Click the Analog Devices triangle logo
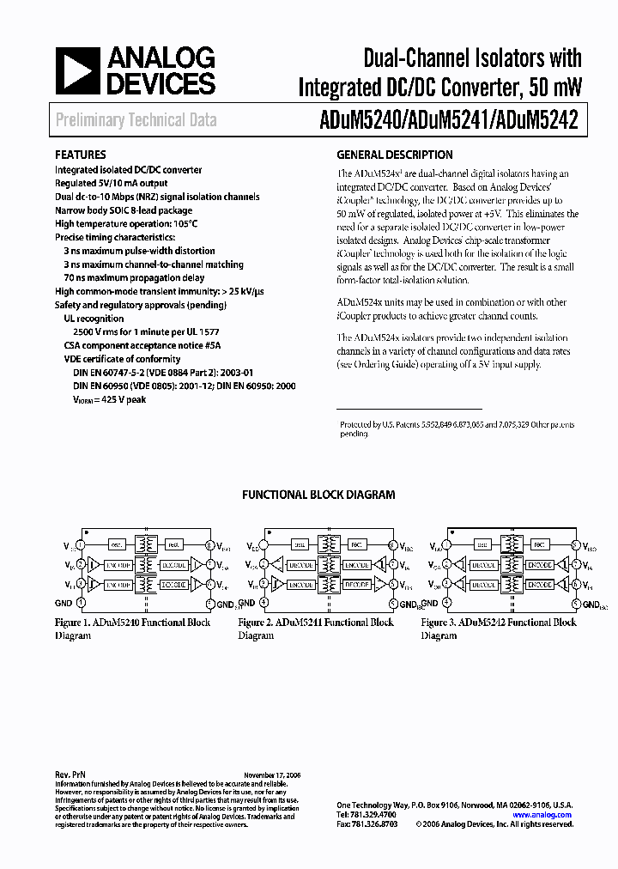click(x=78, y=70)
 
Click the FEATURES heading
click(x=80, y=155)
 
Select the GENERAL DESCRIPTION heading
click(x=394, y=155)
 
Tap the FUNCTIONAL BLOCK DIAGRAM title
click(x=318, y=495)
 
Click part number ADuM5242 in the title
click(x=540, y=121)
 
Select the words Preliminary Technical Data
click(x=136, y=121)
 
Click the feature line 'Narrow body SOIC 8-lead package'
click(x=124, y=210)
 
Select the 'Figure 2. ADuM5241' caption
click(x=316, y=623)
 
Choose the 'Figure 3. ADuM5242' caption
click(x=499, y=623)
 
